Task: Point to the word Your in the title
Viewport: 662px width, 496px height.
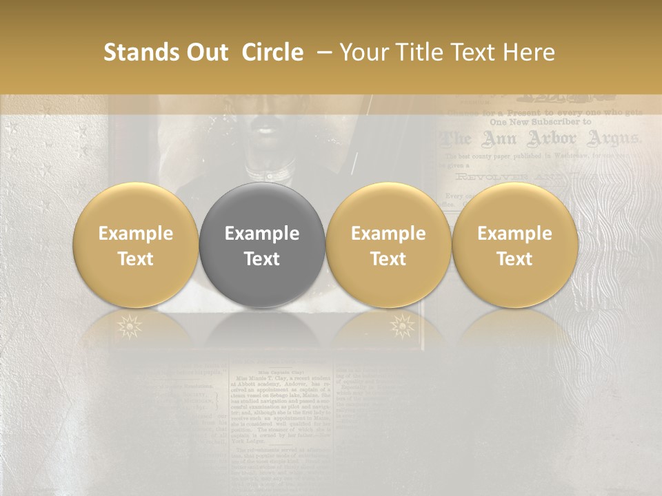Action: click(363, 52)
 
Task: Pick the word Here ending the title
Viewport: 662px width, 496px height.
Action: click(530, 52)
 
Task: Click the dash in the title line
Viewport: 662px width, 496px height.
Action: click(321, 53)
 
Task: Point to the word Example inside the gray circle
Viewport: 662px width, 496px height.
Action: click(261, 234)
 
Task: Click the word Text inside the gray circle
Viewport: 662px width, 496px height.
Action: click(261, 259)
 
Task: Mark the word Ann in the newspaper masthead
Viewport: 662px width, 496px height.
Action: click(497, 139)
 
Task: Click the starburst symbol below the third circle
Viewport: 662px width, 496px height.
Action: click(401, 325)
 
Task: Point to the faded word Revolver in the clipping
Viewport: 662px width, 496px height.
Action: click(486, 177)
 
